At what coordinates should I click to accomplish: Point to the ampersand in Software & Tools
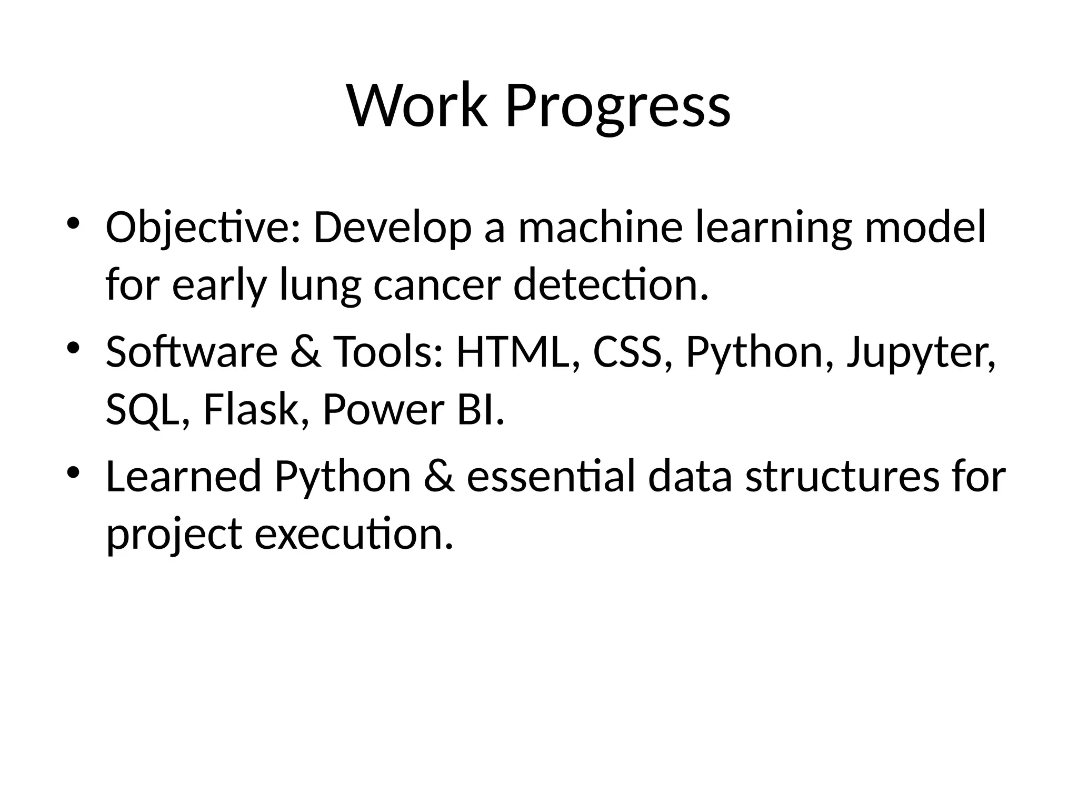(305, 352)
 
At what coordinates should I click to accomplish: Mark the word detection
(611, 285)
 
